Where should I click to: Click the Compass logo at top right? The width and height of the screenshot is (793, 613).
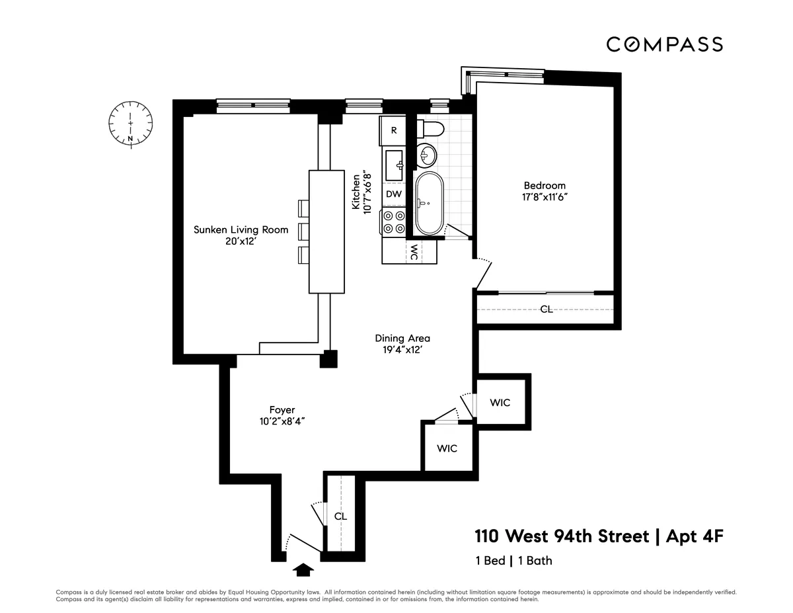point(664,44)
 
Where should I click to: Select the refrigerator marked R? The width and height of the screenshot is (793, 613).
point(394,130)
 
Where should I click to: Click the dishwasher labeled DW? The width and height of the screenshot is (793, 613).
point(394,194)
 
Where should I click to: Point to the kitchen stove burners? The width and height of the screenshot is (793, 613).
point(395,222)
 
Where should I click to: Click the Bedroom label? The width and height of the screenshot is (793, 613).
point(545,185)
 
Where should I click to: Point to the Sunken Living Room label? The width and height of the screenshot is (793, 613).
point(241,229)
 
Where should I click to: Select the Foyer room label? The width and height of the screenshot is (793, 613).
point(282,410)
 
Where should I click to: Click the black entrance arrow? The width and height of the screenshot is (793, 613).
point(303,568)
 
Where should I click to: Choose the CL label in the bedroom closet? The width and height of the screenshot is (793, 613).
point(547,309)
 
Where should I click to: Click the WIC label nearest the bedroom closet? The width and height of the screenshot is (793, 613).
point(500,402)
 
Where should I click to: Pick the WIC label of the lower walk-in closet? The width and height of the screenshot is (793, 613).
point(447,448)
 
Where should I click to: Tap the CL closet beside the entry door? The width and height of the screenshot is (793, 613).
point(340,516)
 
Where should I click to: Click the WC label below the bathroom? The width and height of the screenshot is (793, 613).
point(413,252)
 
